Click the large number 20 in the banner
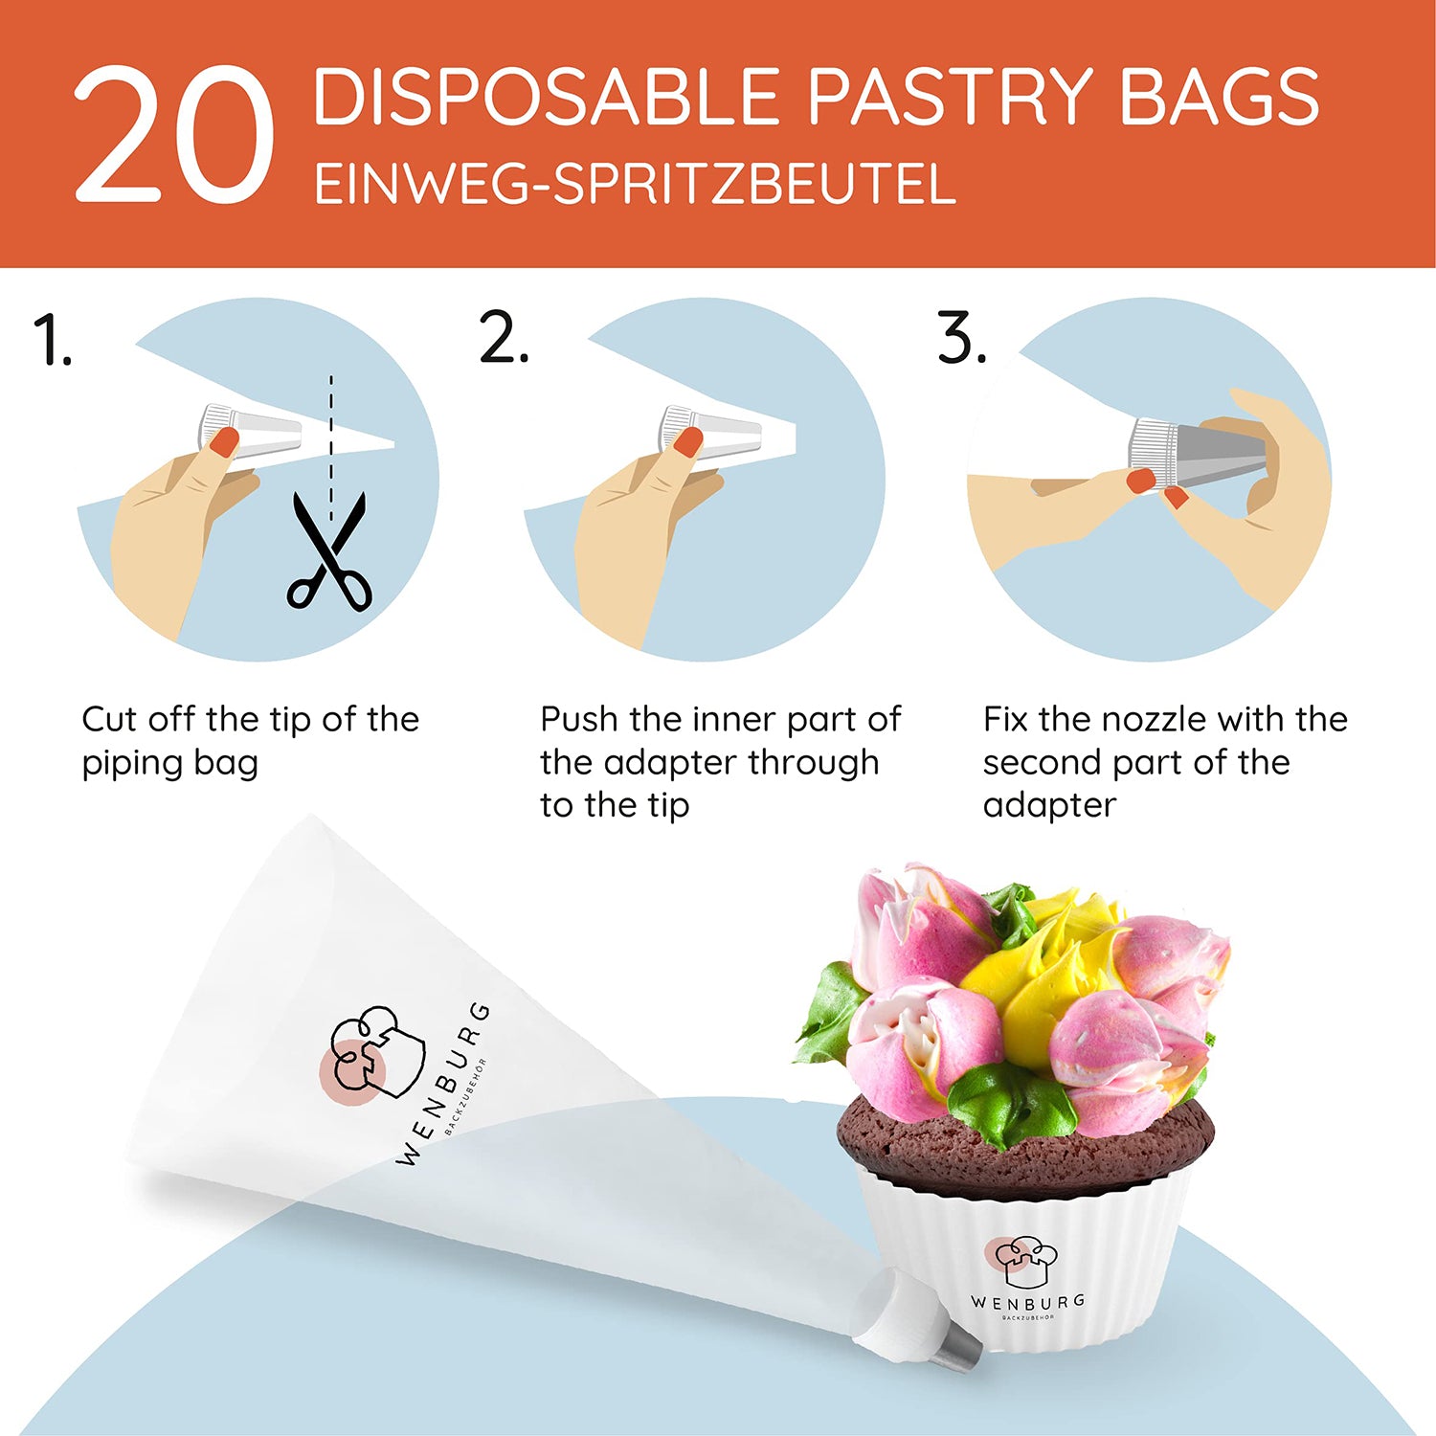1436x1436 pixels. tap(174, 135)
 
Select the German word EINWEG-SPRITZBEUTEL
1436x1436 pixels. tap(635, 185)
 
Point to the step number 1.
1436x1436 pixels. tap(52, 340)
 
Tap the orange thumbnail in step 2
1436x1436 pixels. tap(687, 441)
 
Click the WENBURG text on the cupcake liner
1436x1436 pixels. tap(1028, 1302)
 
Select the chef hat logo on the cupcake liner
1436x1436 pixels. tap(1022, 1261)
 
